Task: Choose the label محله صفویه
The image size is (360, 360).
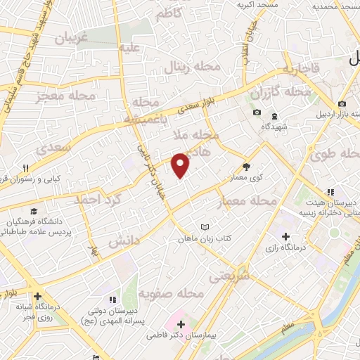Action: point(170,292)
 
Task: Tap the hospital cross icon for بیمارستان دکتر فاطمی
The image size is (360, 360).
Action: point(181,325)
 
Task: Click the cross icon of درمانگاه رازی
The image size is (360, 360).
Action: point(285,236)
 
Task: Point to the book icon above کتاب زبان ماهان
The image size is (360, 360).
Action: point(205,227)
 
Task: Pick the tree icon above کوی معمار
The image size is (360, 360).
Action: point(246,167)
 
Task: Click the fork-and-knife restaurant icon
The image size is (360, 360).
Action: point(26,168)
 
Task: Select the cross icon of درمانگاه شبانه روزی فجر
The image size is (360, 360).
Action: point(37,296)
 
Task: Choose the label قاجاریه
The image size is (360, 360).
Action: point(302,68)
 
